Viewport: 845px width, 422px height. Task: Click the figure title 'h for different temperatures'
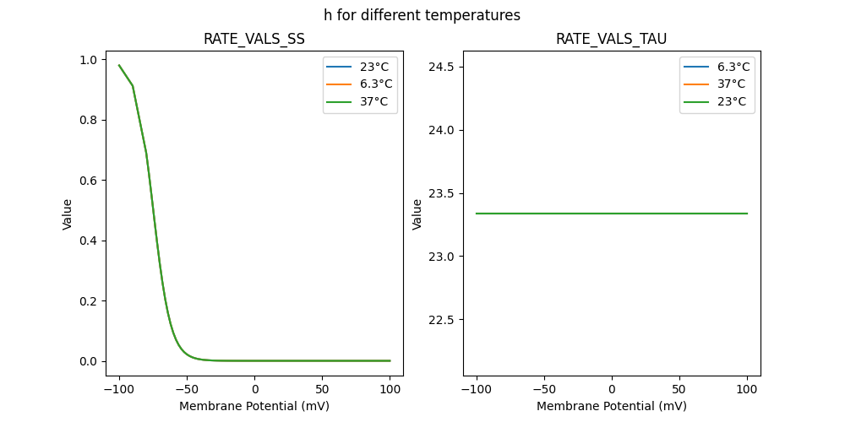[x=422, y=15]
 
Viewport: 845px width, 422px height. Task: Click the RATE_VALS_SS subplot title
[x=253, y=39]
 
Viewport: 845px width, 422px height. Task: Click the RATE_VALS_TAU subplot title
[x=611, y=39]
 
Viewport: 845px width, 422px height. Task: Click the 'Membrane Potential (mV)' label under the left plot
[x=253, y=406]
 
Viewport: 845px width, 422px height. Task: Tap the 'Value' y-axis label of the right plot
[x=417, y=214]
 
